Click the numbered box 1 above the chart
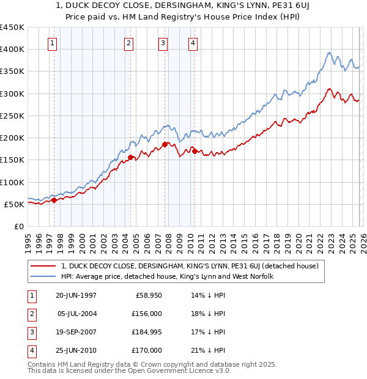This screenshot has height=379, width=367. [53, 43]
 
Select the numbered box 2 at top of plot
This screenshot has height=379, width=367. [129, 43]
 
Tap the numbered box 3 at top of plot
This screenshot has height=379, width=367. [163, 43]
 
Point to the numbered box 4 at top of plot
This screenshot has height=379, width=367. [193, 43]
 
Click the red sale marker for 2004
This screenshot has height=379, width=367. [131, 158]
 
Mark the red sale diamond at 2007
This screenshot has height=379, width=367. [165, 145]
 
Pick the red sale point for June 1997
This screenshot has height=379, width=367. [54, 200]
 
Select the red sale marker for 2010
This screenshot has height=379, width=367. [195, 152]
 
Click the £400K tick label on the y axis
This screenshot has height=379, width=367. [12, 50]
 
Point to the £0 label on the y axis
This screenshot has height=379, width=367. [18, 226]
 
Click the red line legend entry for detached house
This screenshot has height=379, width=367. [190, 266]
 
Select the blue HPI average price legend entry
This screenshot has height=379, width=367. [167, 277]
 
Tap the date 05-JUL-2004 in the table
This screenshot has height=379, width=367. [77, 314]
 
